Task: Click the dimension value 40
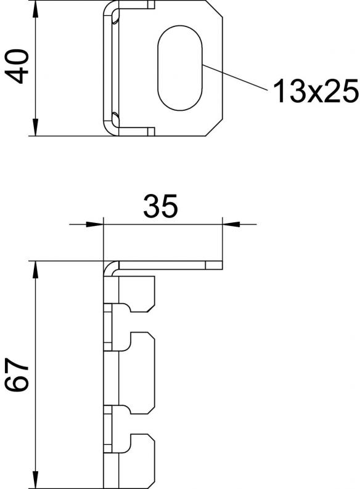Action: tap(17, 66)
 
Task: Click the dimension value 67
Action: tap(17, 374)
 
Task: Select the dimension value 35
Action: tap(160, 206)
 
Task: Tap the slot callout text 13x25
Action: tap(316, 91)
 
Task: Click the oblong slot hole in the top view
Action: tap(180, 68)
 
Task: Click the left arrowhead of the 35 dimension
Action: tap(94, 224)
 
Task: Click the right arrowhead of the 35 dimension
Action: tap(231, 224)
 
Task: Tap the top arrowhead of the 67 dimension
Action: tap(36, 270)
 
